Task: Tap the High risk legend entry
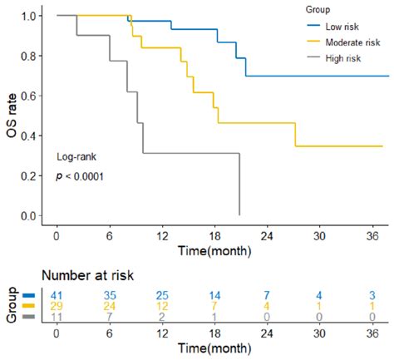click(x=342, y=56)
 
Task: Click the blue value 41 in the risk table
click(x=56, y=295)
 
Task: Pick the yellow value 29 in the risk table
click(x=56, y=306)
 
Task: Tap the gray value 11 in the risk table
click(x=56, y=317)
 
